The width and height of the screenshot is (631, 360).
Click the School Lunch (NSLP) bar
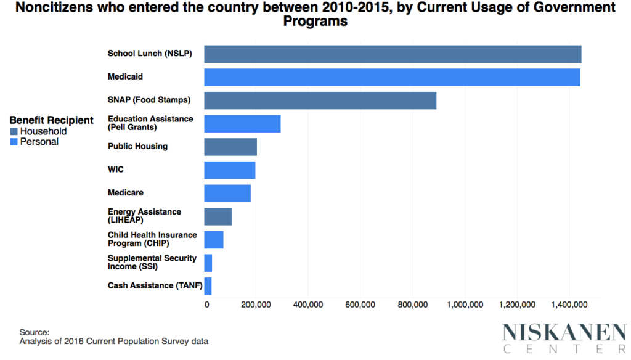pos(393,54)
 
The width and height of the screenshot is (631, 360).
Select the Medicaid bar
pos(392,77)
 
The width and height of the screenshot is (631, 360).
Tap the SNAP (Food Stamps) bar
pos(320,100)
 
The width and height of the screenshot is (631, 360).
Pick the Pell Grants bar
pos(242,123)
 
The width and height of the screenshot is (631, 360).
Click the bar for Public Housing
pos(230,147)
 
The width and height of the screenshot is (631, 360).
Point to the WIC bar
pos(229,170)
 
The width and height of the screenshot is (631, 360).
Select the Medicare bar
pos(227,193)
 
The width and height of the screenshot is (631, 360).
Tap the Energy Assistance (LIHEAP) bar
pos(218,216)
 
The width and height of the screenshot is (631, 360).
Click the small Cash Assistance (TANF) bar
pos(208,286)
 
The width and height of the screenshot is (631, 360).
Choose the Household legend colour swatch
pos(14,131)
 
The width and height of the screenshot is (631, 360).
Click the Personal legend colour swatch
pos(14,142)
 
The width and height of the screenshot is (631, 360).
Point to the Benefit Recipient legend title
pos(51,120)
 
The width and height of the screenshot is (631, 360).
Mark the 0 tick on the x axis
pos(208,305)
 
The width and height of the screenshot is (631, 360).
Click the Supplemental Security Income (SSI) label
pos(152,263)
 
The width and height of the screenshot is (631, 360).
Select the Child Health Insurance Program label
pos(152,239)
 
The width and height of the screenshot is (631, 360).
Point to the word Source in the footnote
pos(34,332)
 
